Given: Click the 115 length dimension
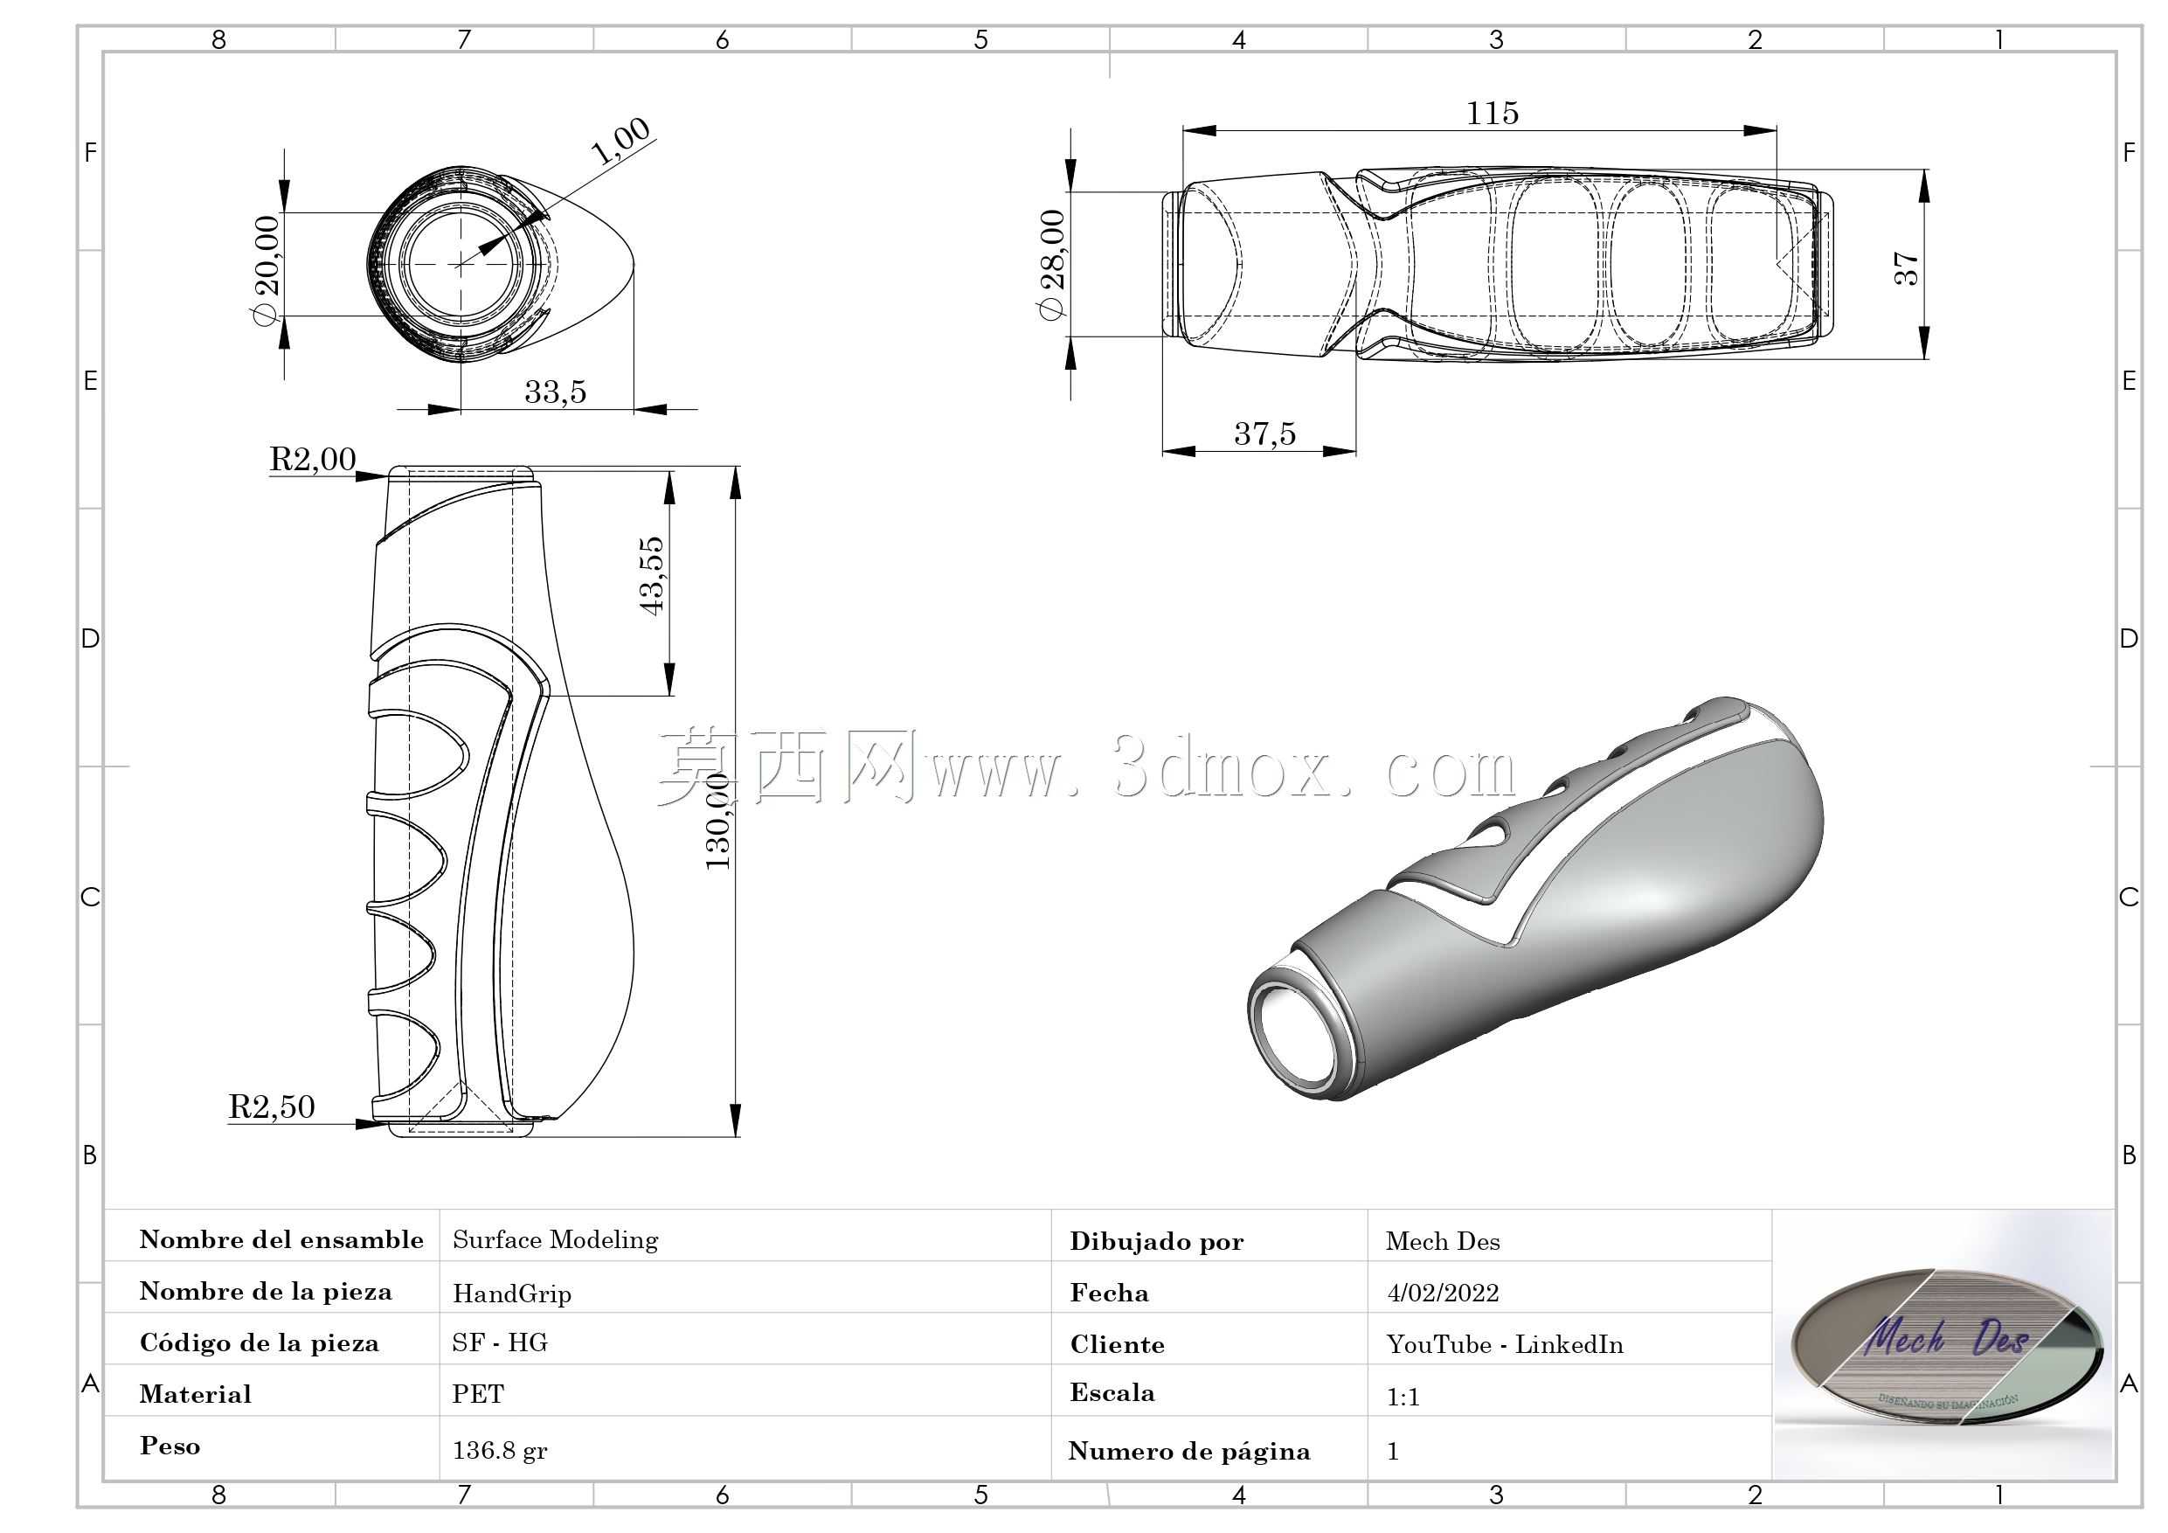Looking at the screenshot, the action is click(x=1492, y=114).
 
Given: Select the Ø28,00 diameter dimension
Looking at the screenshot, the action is click(x=1052, y=266).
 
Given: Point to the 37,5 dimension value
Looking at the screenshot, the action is click(x=1264, y=434).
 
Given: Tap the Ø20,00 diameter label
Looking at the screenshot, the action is click(x=267, y=270).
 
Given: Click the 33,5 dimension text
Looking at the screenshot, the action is click(x=555, y=391).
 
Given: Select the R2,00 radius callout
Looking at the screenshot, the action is click(x=313, y=459).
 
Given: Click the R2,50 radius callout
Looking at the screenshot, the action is click(x=272, y=1106).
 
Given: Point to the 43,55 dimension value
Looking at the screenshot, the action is click(x=652, y=576).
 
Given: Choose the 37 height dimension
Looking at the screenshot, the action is click(x=1906, y=268).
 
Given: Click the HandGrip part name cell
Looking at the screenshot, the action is click(x=512, y=1293).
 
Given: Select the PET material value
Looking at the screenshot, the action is click(x=478, y=1394).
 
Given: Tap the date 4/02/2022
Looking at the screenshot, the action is click(x=1443, y=1292).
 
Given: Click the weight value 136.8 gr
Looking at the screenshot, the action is click(x=500, y=1450).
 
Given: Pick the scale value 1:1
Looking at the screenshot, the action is click(x=1403, y=1396).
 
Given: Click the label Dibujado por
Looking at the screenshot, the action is click(x=1157, y=1242).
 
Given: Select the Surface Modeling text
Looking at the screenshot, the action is click(x=555, y=1240).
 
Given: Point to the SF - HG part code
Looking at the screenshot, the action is click(x=500, y=1343).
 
